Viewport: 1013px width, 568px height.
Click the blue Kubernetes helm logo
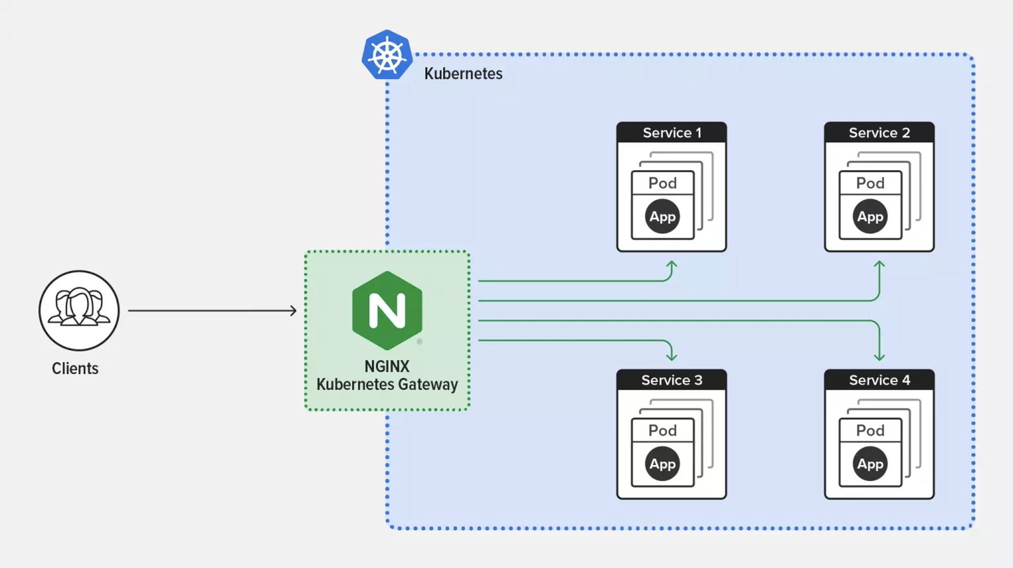[x=387, y=55]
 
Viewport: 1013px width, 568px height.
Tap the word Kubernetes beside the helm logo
[x=463, y=73]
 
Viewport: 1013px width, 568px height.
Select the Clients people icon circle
[x=79, y=310]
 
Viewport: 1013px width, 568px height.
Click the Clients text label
[x=75, y=368]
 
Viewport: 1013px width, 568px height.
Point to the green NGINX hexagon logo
[x=387, y=310]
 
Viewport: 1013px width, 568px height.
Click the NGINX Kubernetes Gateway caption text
[x=387, y=375]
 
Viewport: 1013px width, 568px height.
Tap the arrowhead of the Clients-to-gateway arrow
[x=293, y=310]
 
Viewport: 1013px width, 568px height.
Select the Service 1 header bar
[x=672, y=132]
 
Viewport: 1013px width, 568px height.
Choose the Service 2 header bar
[x=879, y=132]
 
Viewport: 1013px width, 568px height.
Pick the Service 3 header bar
[x=672, y=380]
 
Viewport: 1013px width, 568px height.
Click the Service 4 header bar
[x=879, y=380]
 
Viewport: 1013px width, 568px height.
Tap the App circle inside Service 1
[x=663, y=216]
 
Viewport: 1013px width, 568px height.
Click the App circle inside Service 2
[x=870, y=216]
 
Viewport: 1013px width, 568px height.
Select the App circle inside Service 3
[x=663, y=464]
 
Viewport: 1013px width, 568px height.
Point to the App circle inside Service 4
[x=870, y=464]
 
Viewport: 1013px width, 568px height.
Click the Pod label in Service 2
[x=870, y=183]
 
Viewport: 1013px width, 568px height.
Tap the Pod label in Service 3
[x=663, y=430]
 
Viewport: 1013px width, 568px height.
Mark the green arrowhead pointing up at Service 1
[x=672, y=264]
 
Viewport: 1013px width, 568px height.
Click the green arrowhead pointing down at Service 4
[x=879, y=357]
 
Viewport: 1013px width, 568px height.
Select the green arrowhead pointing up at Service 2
[x=879, y=264]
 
